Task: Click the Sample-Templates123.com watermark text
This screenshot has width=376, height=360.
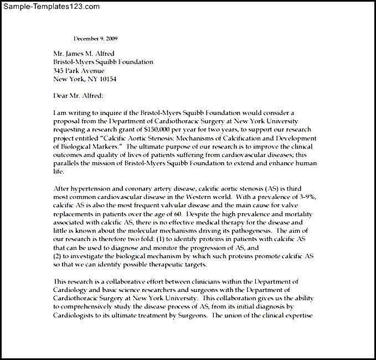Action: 51,7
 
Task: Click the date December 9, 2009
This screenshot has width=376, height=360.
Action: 95,38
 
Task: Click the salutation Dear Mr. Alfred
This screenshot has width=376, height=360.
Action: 78,95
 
